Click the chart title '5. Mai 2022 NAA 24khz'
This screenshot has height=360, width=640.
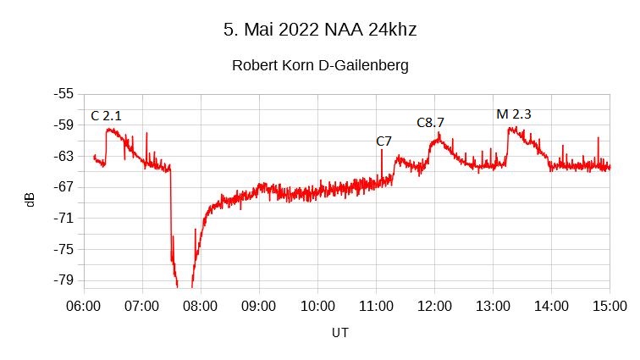coord(320,30)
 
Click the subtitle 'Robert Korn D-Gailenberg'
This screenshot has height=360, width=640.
coord(320,65)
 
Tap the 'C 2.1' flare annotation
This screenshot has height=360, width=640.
coord(106,115)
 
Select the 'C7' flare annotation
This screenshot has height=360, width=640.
coord(383,141)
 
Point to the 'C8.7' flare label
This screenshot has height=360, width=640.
coord(430,123)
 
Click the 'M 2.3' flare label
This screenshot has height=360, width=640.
coord(513,114)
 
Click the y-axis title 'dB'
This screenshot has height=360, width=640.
coord(30,200)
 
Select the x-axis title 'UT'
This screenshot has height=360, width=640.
coord(339,333)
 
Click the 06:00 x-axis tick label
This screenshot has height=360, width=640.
coord(82,305)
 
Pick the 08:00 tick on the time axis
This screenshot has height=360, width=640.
coord(200,305)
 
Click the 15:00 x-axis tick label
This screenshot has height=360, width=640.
coord(610,305)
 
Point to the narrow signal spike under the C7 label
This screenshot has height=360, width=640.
coord(382,161)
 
